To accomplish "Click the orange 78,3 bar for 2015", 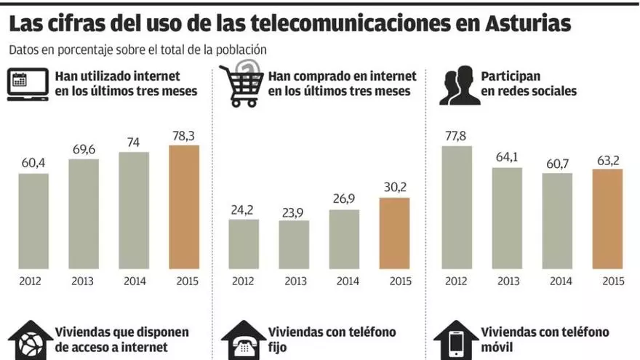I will click(x=184, y=207).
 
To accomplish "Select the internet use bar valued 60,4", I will click(x=33, y=221).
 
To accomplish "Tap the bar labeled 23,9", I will click(x=294, y=244).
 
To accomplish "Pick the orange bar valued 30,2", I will click(x=394, y=233).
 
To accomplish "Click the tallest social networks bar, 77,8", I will click(x=457, y=207).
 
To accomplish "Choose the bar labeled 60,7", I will click(x=557, y=220).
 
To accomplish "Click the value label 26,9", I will click(x=344, y=199).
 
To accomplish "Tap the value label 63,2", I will click(x=607, y=159).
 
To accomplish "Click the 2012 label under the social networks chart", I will click(x=457, y=281).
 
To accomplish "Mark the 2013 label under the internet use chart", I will click(x=84, y=281).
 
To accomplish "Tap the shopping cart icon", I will click(x=242, y=86).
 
